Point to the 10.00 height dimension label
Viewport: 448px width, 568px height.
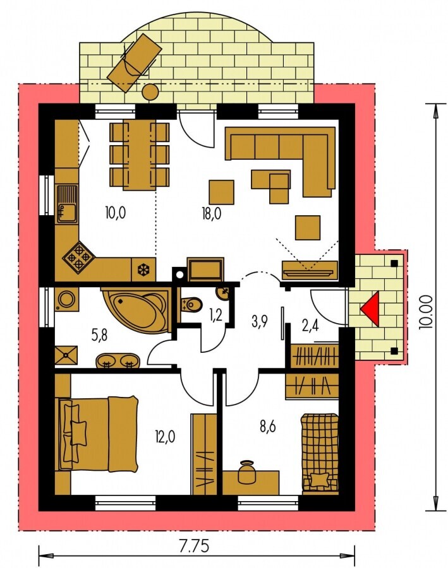[425, 312]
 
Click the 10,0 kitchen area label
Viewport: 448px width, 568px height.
[116, 213]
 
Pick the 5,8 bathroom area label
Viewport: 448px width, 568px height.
[99, 336]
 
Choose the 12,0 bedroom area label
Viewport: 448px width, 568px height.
[166, 437]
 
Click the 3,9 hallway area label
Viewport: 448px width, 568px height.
[259, 321]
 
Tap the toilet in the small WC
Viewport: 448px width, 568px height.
[191, 304]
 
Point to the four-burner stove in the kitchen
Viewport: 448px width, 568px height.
[79, 257]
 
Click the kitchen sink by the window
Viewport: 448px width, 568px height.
[67, 204]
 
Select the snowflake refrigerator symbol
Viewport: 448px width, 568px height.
[143, 269]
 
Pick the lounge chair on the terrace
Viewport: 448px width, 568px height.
[133, 62]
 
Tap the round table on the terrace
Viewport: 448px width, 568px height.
[150, 91]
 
